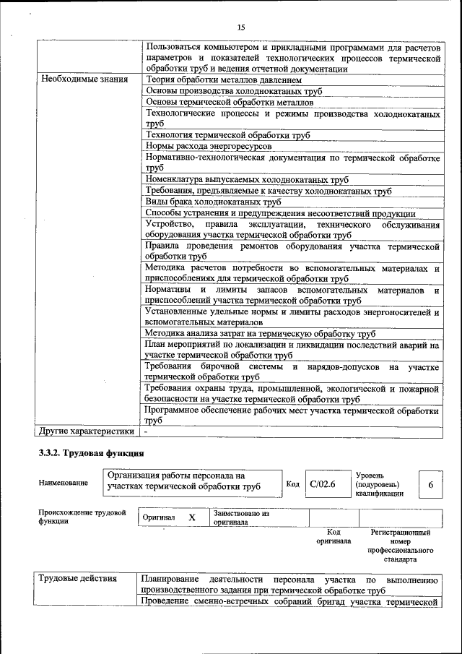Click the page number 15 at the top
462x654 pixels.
pyautogui.click(x=241, y=27)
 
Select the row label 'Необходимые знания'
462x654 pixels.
pyautogui.click(x=84, y=79)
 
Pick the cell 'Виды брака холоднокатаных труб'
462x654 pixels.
pyautogui.click(x=213, y=202)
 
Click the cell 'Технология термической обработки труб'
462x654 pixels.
pyautogui.click(x=227, y=135)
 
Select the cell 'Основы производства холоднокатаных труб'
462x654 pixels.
pyautogui.click(x=233, y=91)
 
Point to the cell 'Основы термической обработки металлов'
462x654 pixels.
pyautogui.click(x=229, y=102)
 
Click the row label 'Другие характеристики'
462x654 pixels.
pyautogui.click(x=87, y=431)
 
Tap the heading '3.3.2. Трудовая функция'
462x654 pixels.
pyautogui.click(x=92, y=454)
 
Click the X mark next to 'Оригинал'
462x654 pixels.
pyautogui.click(x=192, y=517)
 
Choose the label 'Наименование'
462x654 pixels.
pyautogui.click(x=64, y=483)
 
